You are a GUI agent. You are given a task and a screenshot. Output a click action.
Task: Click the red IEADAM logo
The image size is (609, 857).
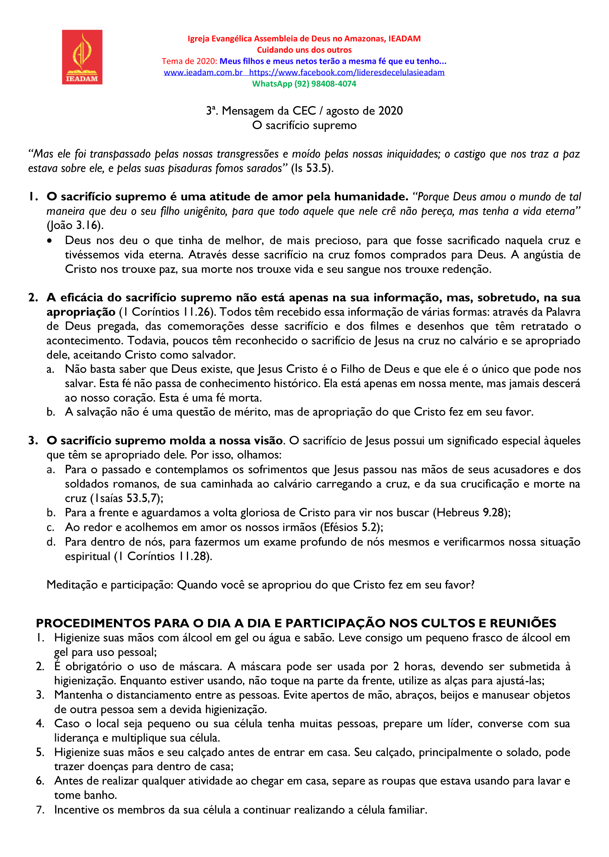coord(82,57)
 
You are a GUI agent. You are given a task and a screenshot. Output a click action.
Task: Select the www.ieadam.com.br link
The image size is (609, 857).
coord(203,72)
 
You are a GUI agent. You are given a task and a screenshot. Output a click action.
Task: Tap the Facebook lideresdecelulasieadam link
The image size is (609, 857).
coord(346,72)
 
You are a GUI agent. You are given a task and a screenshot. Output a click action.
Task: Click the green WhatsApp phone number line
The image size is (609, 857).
coord(304,84)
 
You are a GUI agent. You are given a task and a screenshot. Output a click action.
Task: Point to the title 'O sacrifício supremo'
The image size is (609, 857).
coord(304,125)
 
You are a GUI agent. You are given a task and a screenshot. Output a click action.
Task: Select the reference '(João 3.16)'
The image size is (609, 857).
coord(75,225)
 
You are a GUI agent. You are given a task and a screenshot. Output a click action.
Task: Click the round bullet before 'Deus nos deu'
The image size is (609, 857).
coord(49,241)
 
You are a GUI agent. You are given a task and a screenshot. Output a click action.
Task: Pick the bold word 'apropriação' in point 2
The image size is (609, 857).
coord(81,312)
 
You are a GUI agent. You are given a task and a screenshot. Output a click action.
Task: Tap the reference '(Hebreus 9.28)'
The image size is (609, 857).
coord(471,513)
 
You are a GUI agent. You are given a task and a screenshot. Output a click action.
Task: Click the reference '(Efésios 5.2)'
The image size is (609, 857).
coord(351,527)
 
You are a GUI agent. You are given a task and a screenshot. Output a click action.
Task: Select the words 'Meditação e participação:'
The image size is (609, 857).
coord(110,585)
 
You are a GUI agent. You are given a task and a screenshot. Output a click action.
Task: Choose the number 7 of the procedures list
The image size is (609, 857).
coord(40,810)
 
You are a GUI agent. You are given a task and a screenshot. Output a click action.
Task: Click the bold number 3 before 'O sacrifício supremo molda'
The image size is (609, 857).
coord(33,441)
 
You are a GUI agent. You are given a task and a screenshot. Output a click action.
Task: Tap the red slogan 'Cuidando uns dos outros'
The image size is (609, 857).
coord(304,50)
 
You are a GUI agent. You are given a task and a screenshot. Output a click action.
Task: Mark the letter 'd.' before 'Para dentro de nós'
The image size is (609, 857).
coord(51,542)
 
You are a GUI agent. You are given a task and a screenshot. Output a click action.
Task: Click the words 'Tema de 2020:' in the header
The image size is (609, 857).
coord(190,61)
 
